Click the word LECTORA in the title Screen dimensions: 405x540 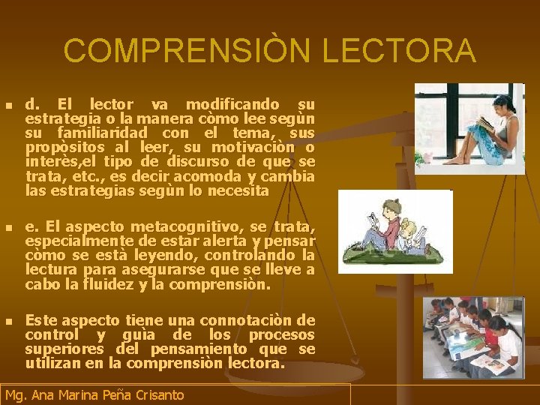click(x=399, y=51)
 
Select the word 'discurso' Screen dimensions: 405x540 click(x=194, y=163)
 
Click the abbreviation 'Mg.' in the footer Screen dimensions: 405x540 click(x=16, y=395)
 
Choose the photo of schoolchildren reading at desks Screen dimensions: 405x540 click(x=472, y=337)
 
